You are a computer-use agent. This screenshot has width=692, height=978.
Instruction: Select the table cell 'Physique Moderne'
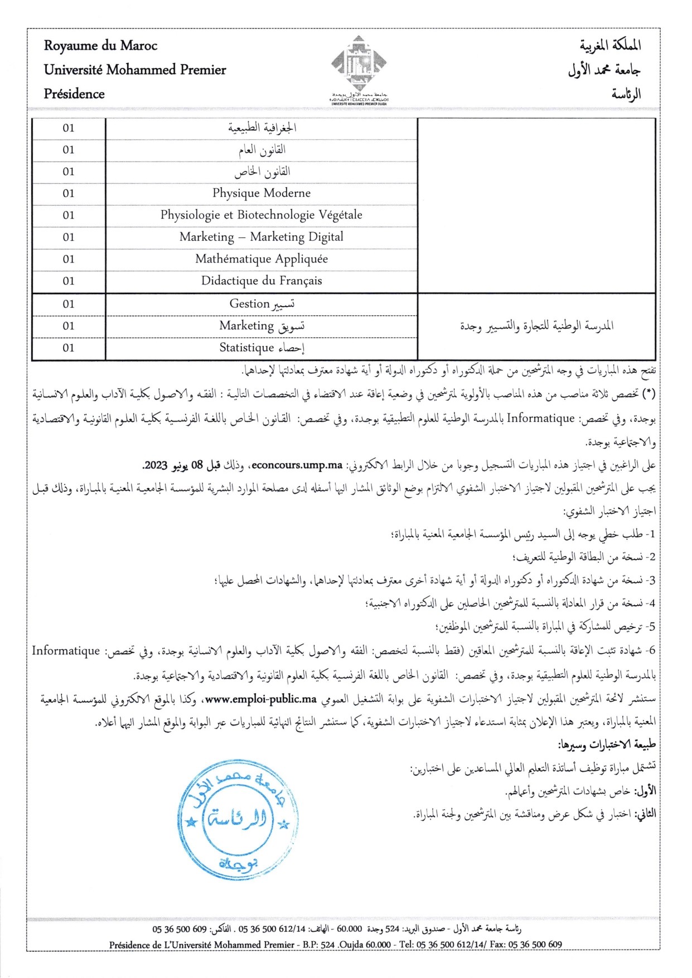pos(262,193)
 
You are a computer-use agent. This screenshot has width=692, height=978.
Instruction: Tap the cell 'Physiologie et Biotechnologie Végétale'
pos(262,215)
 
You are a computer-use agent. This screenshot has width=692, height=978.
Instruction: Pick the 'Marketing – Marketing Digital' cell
pos(262,237)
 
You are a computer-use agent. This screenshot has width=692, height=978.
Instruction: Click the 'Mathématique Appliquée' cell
pos(262,259)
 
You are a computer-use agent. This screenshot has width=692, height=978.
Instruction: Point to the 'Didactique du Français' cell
pos(262,281)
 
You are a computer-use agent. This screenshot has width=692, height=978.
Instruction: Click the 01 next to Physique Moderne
pos(69,193)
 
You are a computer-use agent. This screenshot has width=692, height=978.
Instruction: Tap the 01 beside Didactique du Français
pos(69,281)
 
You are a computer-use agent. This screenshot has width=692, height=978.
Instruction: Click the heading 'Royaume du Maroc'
pos(100,46)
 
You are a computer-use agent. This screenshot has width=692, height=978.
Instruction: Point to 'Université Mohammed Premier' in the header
pos(135,70)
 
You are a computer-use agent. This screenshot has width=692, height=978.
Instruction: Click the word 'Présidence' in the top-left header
pos(74,94)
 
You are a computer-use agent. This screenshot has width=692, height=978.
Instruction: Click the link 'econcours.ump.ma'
pos(297,465)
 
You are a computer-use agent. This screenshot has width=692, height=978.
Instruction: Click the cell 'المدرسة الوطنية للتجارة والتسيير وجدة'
pos(536,326)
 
